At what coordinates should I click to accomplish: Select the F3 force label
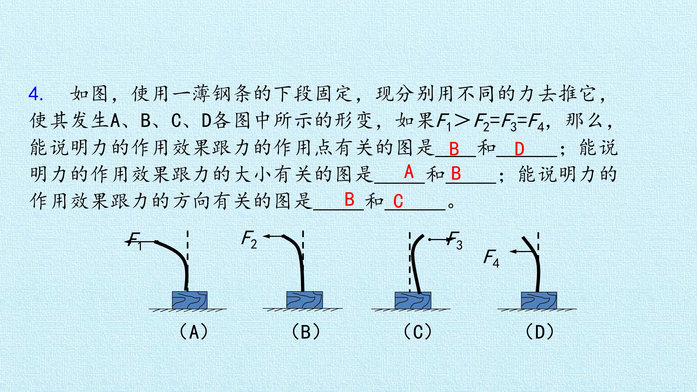(455, 240)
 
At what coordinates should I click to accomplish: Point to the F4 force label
(491, 258)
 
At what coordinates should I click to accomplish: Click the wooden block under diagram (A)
(190, 300)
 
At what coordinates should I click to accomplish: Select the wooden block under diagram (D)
(539, 300)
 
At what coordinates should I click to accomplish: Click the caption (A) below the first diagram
(194, 332)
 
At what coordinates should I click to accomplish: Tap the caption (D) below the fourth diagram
(539, 332)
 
